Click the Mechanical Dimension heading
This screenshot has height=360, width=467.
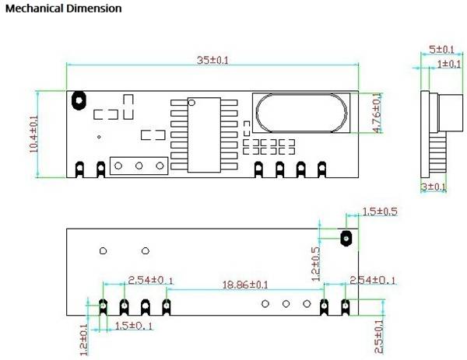pos(64,9)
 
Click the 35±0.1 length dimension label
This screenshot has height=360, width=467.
pos(212,60)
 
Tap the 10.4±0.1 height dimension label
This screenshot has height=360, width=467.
pos(33,135)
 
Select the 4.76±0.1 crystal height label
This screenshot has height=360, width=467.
pos(377,113)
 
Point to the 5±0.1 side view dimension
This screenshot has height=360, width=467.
pos(441,50)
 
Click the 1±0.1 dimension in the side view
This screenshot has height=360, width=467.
pos(449,64)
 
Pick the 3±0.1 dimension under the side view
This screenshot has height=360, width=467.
pos(434,187)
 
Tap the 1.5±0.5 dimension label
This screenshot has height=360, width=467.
pos(380,211)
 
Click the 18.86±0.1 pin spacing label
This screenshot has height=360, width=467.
pos(245,285)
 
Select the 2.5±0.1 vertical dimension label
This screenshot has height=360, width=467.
pos(379,337)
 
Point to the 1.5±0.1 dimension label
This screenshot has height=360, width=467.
pos(133,326)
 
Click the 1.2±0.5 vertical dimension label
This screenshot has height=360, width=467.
pos(315,264)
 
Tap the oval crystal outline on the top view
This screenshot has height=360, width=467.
pos(301,113)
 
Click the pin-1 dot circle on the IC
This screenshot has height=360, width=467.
pos(191,103)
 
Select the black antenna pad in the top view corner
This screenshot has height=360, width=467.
pos(79,100)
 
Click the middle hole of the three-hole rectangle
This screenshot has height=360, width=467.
pos(139,166)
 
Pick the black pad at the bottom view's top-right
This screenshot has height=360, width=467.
pos(346,238)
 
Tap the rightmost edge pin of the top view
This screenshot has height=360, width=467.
pos(322,170)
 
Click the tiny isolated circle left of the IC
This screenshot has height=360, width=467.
pos(99,137)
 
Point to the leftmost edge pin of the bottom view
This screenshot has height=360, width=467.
pos(103,307)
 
